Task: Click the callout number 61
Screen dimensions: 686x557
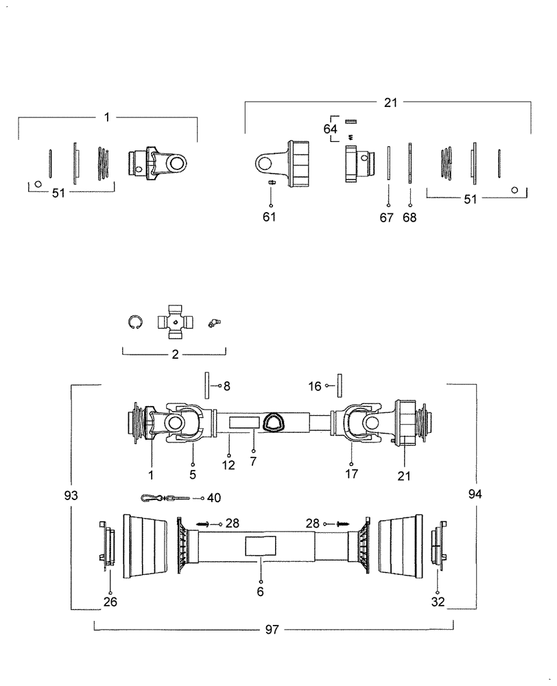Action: pos(271,217)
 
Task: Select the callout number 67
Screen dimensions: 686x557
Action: pos(389,217)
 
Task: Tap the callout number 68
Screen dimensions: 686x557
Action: pos(410,217)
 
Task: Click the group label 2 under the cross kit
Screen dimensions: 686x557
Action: pos(174,354)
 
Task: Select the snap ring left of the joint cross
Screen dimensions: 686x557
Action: pos(136,322)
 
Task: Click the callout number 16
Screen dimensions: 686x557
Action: pos(315,386)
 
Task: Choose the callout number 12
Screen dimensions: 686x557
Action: pos(228,464)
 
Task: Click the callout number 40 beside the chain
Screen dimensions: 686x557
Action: pos(214,498)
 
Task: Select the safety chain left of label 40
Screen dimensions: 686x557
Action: pos(163,498)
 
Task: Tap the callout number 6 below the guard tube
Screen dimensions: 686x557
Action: pos(260,591)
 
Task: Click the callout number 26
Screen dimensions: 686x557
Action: pos(110,602)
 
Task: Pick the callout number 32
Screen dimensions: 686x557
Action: pos(438,602)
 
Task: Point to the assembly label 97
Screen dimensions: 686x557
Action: pos(272,629)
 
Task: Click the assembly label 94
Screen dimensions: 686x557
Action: pos(475,495)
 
